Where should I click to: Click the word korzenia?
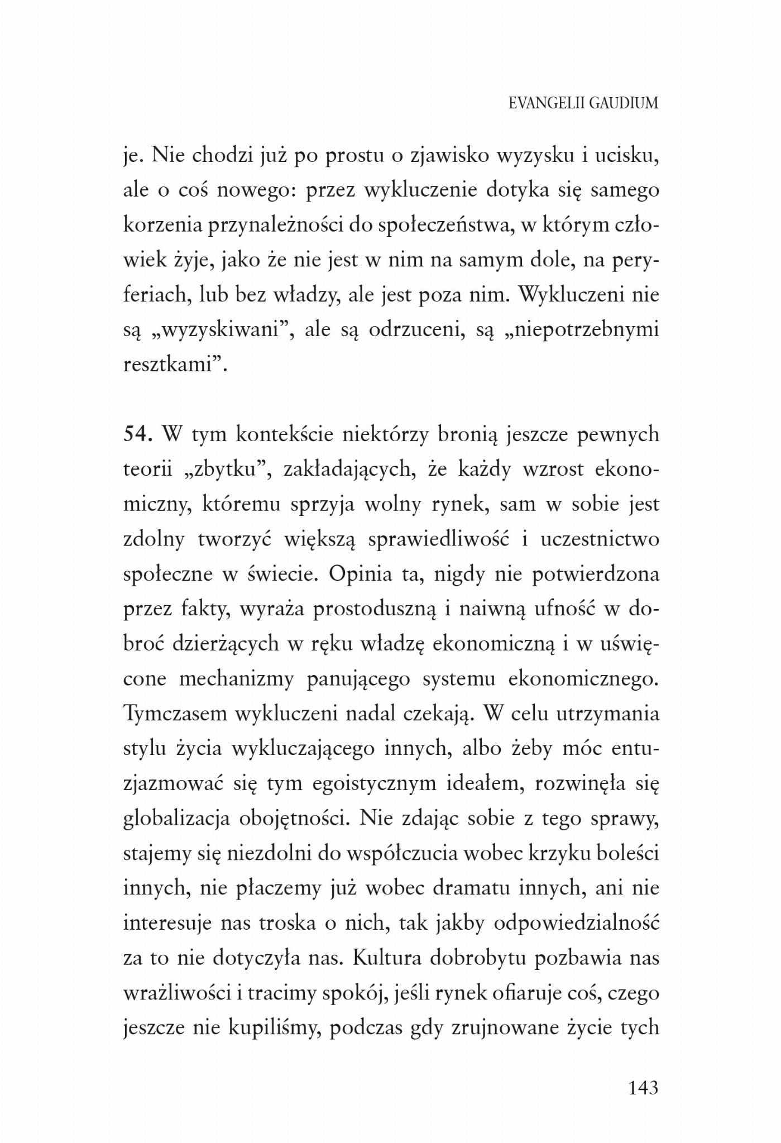tap(162, 225)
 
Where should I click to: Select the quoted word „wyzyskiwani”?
tap(223, 329)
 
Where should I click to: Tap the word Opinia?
tap(361, 574)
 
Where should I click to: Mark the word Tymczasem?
tap(175, 714)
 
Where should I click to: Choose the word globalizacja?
tap(176, 818)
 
